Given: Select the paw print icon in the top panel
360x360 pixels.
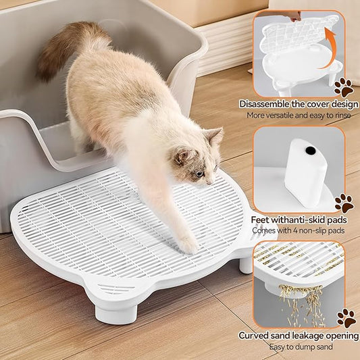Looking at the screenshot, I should [344, 86].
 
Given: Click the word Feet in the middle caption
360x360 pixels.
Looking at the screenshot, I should [262, 220].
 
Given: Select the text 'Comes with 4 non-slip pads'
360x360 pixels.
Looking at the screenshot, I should [299, 230].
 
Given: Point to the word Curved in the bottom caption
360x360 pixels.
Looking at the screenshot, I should [256, 336].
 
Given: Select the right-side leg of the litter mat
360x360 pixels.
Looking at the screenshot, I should [246, 262].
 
